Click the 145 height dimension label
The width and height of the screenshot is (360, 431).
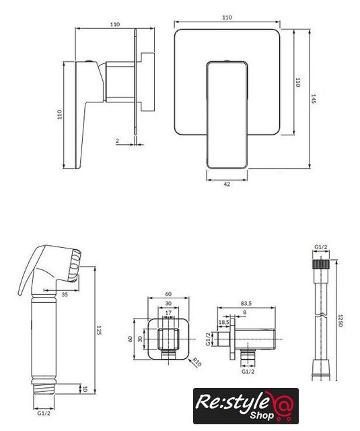pyautogui.click(x=314, y=99)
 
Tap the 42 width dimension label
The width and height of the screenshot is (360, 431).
pyautogui.click(x=227, y=184)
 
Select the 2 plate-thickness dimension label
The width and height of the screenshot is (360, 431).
pyautogui.click(x=118, y=141)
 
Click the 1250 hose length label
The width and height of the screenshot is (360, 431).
pyautogui.click(x=340, y=321)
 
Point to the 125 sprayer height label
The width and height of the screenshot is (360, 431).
pyautogui.click(x=99, y=330)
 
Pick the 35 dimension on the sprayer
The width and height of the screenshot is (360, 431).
pyautogui.click(x=65, y=295)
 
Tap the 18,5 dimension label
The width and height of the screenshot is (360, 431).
pyautogui.click(x=224, y=322)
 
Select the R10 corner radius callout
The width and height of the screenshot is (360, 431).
pyautogui.click(x=196, y=362)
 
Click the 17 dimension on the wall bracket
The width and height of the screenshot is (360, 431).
pyautogui.click(x=168, y=312)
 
